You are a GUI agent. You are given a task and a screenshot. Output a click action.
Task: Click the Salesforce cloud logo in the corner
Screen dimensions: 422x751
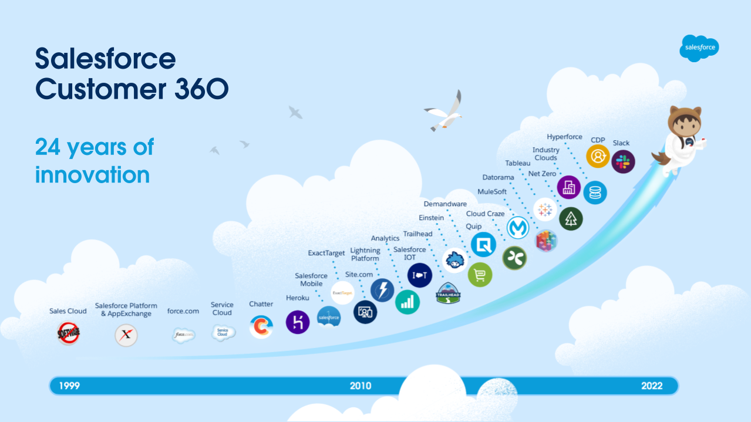tap(699, 48)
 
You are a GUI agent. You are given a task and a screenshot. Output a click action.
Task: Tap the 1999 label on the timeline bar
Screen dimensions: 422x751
tap(65, 386)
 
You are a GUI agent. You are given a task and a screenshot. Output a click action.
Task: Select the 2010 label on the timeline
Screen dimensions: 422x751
tap(361, 386)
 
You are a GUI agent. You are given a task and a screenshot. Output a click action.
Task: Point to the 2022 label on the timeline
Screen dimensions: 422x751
tap(652, 386)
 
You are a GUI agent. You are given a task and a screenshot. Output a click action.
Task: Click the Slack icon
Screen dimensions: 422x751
tap(623, 161)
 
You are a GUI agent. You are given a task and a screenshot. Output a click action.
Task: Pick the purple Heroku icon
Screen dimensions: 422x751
tap(298, 322)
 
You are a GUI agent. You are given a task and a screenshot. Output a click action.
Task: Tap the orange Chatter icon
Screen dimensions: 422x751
tap(261, 326)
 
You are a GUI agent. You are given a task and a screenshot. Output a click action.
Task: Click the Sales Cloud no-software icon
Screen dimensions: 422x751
tap(69, 334)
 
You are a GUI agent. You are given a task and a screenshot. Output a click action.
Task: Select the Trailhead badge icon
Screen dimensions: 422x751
tap(449, 293)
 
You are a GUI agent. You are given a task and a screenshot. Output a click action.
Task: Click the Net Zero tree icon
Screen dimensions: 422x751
tap(571, 218)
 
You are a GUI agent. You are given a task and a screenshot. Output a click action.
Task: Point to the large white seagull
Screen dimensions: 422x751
tap(445, 112)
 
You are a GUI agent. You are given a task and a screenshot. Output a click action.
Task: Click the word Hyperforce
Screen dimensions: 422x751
tap(564, 137)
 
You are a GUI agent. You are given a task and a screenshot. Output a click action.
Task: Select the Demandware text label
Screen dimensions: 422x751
tap(445, 204)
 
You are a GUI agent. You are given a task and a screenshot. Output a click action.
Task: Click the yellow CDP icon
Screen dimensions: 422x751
tap(598, 156)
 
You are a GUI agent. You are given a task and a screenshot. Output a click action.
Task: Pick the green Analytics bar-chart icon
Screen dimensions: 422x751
tap(408, 302)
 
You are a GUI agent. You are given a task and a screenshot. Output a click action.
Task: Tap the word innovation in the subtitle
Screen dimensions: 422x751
tap(92, 174)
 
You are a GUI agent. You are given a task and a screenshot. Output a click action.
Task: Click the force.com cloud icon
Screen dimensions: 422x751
tap(183, 335)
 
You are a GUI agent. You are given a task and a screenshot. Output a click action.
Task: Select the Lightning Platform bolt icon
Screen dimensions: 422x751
tap(382, 291)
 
